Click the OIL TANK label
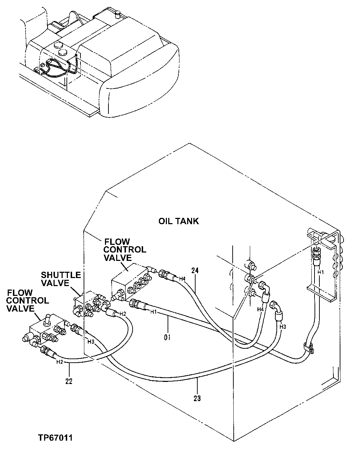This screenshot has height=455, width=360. (x=178, y=221)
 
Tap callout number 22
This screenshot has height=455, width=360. (x=69, y=381)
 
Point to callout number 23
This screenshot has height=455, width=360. (x=197, y=398)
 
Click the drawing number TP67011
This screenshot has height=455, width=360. (x=56, y=438)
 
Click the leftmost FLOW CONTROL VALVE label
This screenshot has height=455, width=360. (x=28, y=300)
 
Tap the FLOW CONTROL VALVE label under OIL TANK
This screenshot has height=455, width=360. (x=125, y=250)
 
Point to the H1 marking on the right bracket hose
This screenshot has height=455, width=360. (x=320, y=272)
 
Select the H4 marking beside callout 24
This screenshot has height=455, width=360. (x=182, y=279)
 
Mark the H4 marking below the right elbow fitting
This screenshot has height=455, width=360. (x=260, y=309)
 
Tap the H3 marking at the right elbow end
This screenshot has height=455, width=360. (x=283, y=326)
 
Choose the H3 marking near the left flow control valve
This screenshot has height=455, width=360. (x=91, y=341)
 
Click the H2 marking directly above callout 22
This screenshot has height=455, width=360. (x=60, y=362)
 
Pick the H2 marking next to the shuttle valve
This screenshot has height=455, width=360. (x=122, y=314)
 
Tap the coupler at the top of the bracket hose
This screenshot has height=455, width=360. (x=316, y=251)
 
